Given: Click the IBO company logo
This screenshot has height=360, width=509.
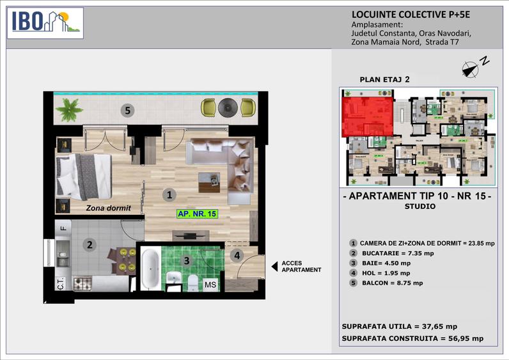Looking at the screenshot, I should pos(45,22).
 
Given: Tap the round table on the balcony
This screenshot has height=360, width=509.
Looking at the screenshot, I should pos(227,107).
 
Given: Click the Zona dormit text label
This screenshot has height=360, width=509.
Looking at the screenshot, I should pos(109,208).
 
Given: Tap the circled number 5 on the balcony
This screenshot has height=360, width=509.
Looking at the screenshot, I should pos(128,111).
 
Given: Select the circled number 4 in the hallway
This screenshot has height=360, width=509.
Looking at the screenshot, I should pos(237,256).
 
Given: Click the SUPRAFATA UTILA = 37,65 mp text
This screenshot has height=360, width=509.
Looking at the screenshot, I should pos(399,325).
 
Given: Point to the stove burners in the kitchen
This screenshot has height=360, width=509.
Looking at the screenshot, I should pos(82,283).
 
